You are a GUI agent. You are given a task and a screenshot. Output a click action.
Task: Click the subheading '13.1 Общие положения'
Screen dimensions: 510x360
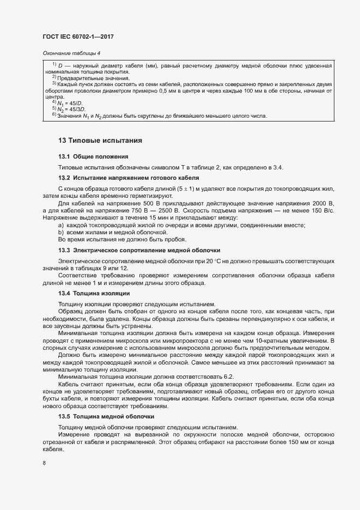click(93, 157)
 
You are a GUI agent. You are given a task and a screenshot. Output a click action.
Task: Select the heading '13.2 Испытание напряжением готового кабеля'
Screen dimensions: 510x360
click(129, 178)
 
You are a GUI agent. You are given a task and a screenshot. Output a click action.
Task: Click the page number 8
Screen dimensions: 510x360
click(44, 463)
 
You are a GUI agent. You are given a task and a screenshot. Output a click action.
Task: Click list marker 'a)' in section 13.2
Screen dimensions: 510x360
click(60, 225)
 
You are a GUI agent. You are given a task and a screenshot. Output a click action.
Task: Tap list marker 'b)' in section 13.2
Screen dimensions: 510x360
click(60, 232)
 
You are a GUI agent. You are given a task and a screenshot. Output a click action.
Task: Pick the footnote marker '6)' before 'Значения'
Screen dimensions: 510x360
click(54, 114)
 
